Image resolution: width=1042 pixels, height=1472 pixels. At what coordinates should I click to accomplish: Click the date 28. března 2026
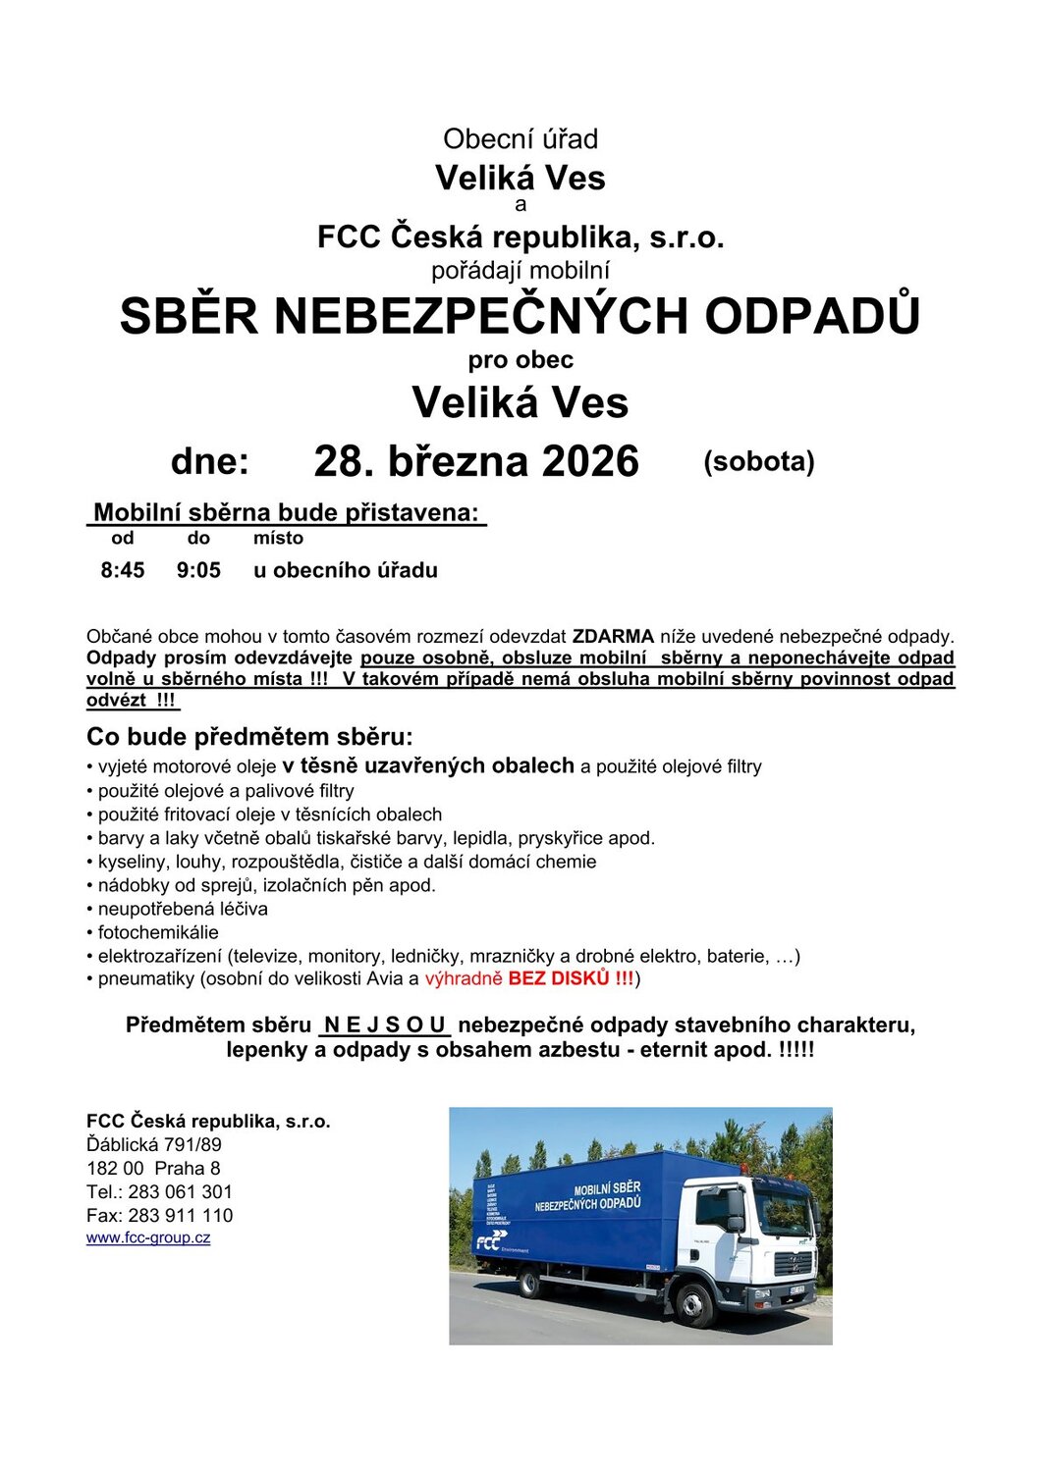click(476, 461)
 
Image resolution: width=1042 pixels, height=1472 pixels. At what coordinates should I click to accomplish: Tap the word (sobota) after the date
click(758, 461)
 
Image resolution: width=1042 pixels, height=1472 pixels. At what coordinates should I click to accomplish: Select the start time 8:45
click(123, 570)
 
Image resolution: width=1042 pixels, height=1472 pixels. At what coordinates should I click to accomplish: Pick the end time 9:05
click(198, 570)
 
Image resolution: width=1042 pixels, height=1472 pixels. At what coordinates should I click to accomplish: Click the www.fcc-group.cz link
click(148, 1237)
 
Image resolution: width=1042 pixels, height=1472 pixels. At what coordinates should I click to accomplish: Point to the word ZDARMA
click(613, 636)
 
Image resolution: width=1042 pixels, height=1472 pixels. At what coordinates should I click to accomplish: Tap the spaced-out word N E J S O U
click(384, 1025)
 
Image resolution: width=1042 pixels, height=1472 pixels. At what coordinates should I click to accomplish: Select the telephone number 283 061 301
click(181, 1191)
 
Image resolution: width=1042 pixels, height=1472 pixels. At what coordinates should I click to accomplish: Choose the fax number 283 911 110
click(181, 1215)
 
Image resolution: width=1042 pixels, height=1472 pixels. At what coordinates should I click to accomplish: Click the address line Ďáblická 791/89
click(154, 1144)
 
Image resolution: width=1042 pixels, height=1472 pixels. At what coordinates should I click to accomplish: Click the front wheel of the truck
click(695, 1303)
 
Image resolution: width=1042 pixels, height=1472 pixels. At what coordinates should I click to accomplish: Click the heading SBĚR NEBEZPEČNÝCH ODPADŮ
click(520, 316)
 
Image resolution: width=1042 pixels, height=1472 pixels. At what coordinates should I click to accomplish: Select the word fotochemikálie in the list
click(158, 932)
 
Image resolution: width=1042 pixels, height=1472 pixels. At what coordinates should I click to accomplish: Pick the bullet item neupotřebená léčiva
click(182, 909)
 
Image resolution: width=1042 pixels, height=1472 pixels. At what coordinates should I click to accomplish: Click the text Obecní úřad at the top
click(520, 139)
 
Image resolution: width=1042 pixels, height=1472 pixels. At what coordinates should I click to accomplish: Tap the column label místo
click(278, 538)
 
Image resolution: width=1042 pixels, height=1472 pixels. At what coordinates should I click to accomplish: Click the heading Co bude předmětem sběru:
click(250, 737)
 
